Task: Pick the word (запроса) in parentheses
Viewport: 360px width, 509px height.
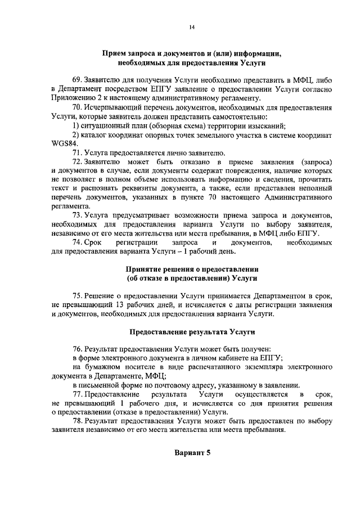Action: pyautogui.click(x=312, y=162)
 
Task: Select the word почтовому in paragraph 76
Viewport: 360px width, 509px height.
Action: pyautogui.click(x=164, y=385)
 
